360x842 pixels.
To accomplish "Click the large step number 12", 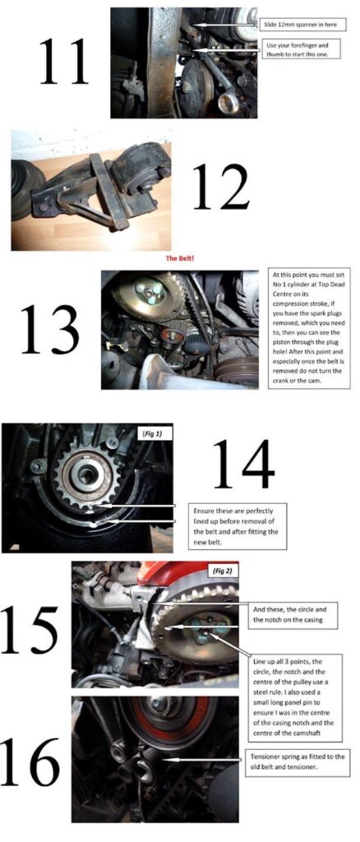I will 219,186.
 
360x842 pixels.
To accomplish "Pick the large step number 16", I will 30,760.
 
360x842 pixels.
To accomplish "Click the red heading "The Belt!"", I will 180,257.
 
